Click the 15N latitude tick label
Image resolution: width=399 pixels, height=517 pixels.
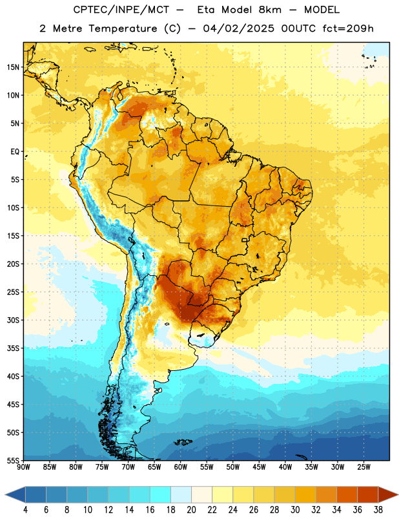[13, 67]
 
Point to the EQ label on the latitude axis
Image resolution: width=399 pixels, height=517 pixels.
[15, 152]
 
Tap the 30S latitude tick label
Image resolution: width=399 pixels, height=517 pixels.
[13, 320]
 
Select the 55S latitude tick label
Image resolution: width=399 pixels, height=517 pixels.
[13, 461]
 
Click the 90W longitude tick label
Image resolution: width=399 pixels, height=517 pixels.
[23, 467]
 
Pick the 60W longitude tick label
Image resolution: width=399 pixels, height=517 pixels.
[181, 467]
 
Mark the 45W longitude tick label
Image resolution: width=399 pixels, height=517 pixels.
[259, 467]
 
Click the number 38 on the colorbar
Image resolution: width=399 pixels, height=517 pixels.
[378, 510]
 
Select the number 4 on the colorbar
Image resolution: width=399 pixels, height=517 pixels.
[25, 510]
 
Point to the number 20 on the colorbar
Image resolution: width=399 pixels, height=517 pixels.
[191, 510]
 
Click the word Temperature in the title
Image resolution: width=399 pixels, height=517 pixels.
[123, 28]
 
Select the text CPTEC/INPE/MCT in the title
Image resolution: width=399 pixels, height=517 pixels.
[121, 10]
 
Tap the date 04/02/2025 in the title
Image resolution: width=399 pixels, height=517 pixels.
[238, 28]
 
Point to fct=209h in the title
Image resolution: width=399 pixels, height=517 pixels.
[348, 28]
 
